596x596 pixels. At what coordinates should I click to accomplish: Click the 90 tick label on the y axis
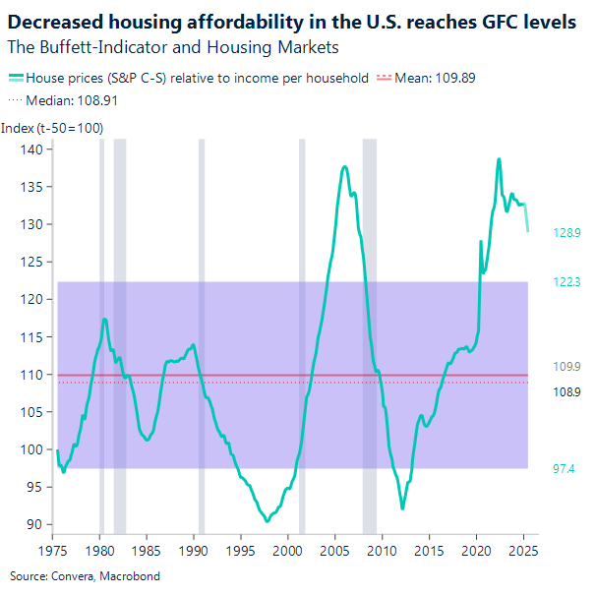(x=36, y=524)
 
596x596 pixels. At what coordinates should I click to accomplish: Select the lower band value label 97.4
(x=565, y=469)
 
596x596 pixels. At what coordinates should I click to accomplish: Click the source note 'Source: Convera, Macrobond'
(x=85, y=575)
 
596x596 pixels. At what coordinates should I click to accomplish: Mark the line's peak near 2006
(x=344, y=167)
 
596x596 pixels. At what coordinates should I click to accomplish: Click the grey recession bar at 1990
(x=202, y=334)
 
